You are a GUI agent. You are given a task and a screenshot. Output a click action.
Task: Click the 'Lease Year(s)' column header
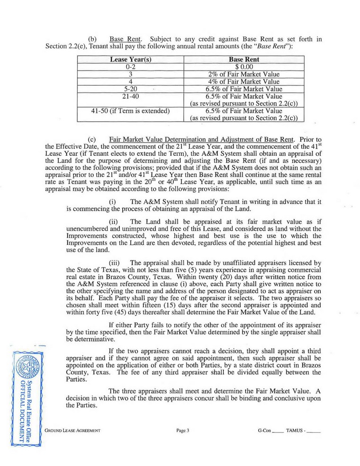130,60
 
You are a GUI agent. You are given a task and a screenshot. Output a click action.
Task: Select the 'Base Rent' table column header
243,60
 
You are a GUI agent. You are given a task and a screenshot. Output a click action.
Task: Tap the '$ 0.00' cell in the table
243,67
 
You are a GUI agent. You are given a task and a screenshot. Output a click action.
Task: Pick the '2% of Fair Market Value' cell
243,74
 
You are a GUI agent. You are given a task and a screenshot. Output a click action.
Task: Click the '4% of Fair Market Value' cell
243,81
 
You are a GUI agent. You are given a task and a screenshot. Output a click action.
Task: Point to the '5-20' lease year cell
130,89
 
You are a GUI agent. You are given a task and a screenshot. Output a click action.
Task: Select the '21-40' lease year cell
130,96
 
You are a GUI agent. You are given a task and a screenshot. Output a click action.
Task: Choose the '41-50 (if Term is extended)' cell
130,111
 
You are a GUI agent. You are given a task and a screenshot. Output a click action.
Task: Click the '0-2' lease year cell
130,67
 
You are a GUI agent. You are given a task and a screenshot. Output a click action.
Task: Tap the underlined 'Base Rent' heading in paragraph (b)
123,25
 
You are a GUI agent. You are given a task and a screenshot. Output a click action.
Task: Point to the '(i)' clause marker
113,202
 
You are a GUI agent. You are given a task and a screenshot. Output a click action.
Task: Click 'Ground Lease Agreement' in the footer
73,430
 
